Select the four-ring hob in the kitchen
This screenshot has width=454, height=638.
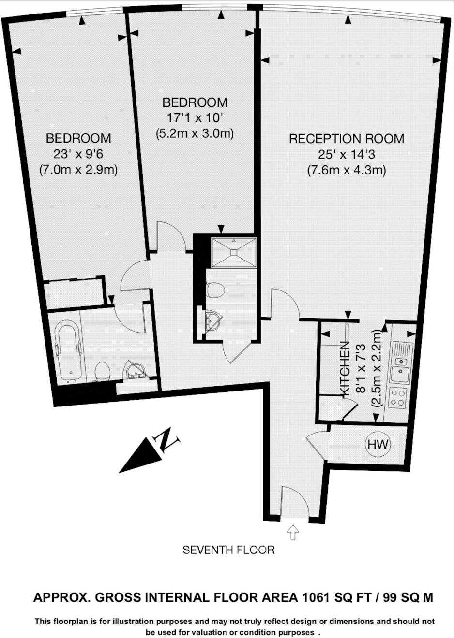point(398,397)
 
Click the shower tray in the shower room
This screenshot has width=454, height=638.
point(234,253)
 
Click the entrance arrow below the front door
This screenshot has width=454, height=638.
point(293,533)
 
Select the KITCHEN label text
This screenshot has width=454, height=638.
point(346,368)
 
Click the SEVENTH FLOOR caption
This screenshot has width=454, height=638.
point(228,550)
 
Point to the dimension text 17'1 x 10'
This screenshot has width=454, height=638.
point(194,117)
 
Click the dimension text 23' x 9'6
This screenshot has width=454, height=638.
point(78,154)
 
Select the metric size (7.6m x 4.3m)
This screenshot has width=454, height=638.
point(347,171)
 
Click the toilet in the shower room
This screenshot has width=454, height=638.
point(215,290)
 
